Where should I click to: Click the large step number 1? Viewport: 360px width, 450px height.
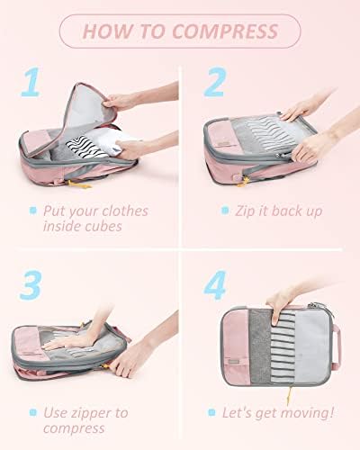pos(32,82)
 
